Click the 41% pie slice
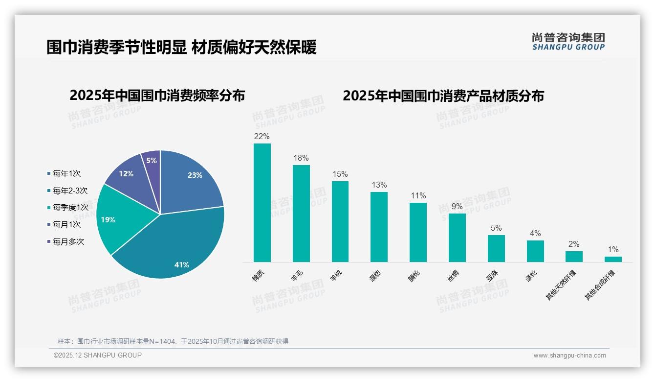pos(171,250)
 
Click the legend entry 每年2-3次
pos(70,191)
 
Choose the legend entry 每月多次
pos(68,241)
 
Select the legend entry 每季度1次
pos(70,208)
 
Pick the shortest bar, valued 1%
pos(613,259)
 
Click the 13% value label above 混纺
pos(379,185)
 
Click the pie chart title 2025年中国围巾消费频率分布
pos(157,95)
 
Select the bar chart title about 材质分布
pos(443,95)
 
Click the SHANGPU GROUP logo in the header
pos(568,42)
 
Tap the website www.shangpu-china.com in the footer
pos(569,356)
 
